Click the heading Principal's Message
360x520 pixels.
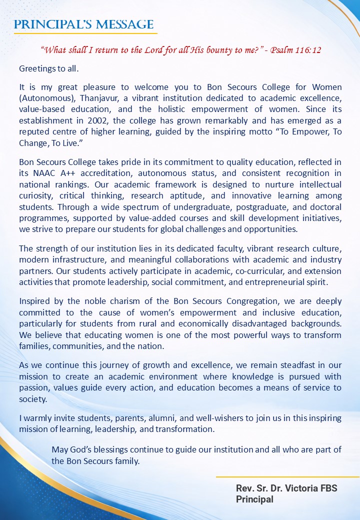[x=83, y=24]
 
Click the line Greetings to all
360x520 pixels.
[x=48, y=67]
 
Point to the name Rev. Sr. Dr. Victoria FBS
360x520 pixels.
[x=286, y=488]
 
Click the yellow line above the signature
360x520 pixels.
[x=287, y=477]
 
